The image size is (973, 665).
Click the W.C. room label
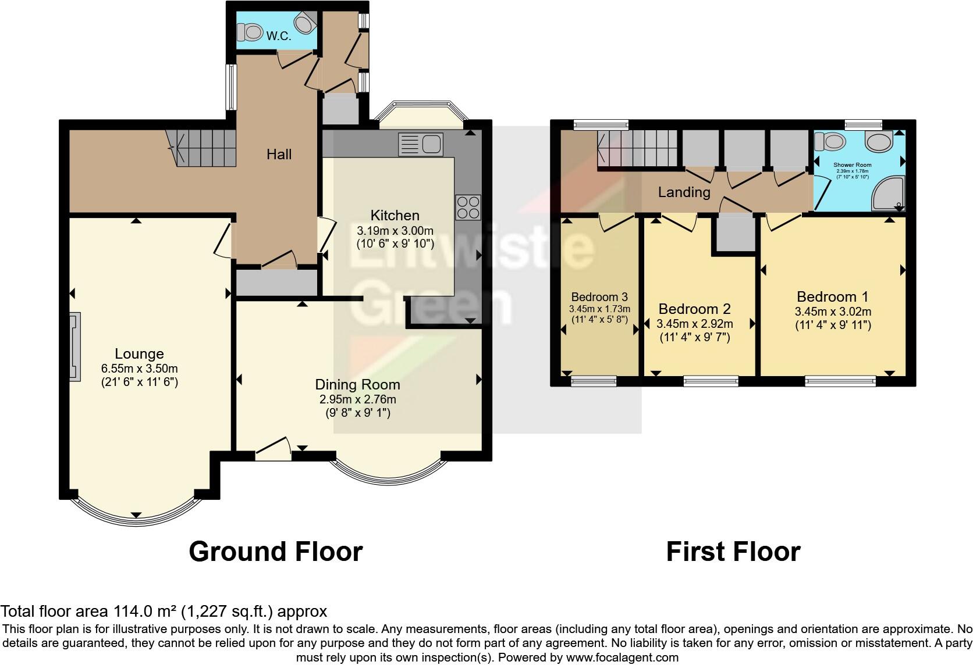click(x=279, y=36)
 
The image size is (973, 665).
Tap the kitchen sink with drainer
click(x=421, y=145)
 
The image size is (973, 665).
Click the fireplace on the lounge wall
click(x=74, y=346)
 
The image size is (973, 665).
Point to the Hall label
click(x=279, y=154)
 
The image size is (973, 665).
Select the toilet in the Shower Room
click(x=830, y=141)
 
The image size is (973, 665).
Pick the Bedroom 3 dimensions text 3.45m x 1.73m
click(x=599, y=309)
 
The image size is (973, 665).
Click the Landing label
click(x=684, y=192)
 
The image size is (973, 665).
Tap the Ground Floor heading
click(x=275, y=551)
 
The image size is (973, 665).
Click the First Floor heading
click(x=733, y=551)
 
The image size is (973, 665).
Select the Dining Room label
click(x=357, y=384)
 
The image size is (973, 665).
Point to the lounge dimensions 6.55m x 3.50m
click(x=139, y=369)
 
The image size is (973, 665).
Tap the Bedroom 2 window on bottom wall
click(x=711, y=381)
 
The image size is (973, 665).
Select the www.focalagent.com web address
click(x=622, y=657)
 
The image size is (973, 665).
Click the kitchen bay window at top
click(x=421, y=115)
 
